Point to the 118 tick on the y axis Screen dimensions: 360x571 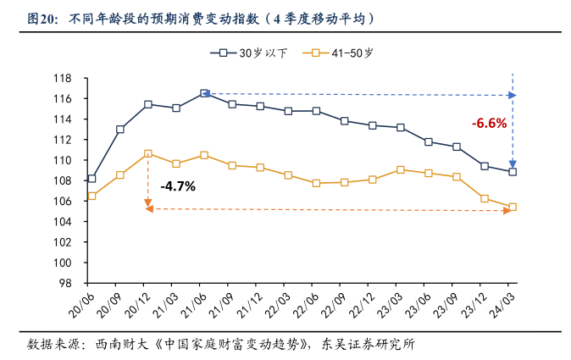[x=64, y=78]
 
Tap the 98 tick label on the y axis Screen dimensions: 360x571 [x=68, y=283]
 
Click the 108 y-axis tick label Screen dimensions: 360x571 [x=64, y=180]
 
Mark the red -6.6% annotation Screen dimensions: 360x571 [x=489, y=123]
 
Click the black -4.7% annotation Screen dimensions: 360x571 [x=177, y=186]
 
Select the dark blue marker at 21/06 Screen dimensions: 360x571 [x=204, y=93]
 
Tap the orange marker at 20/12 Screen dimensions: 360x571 [x=148, y=153]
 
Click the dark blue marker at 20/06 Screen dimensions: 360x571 [x=91, y=179]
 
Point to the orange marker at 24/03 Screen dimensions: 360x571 [x=513, y=207]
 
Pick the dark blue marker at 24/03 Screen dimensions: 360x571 [x=513, y=172]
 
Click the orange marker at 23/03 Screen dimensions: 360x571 [x=401, y=169]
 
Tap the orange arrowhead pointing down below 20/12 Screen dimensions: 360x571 [x=148, y=204]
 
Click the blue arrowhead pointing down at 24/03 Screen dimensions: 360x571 [x=513, y=163]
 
